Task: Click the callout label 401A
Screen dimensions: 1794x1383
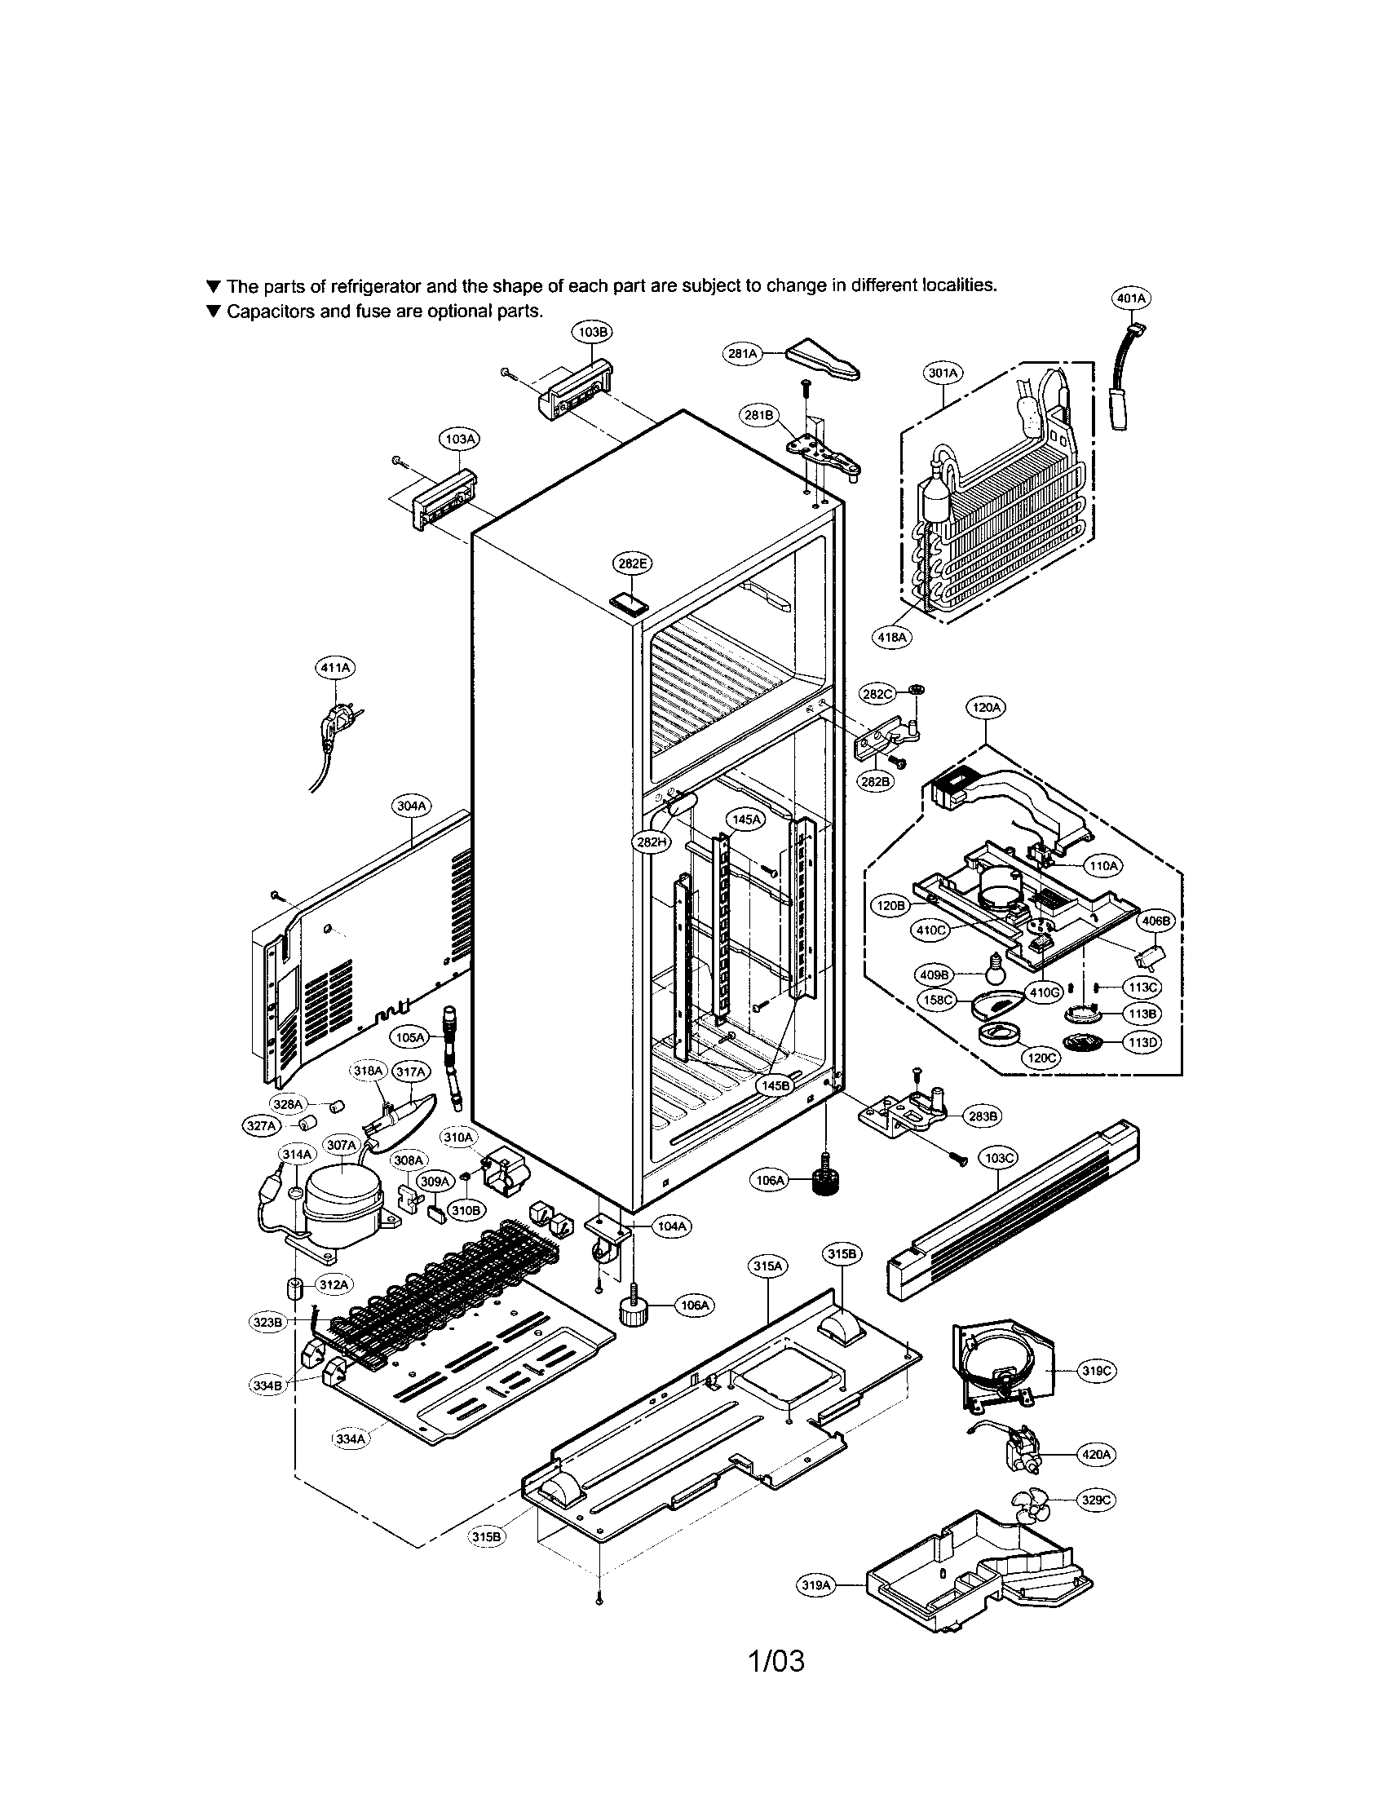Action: (1130, 299)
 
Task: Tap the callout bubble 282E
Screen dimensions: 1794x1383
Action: (631, 563)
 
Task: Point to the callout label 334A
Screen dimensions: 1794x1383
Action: (351, 1439)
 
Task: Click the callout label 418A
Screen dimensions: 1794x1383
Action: (892, 637)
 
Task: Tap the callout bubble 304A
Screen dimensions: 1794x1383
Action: (412, 806)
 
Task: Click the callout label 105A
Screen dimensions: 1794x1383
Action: (410, 1037)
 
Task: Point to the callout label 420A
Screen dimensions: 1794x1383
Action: (1098, 1454)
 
